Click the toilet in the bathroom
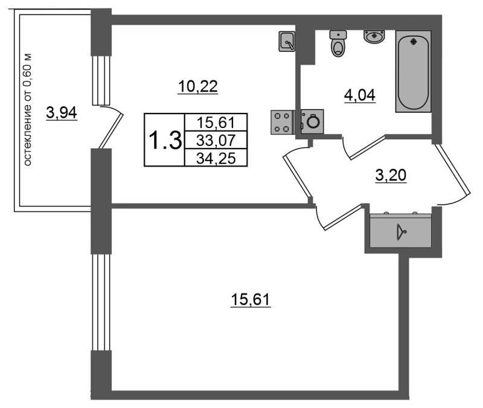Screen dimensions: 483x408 tap(338, 43)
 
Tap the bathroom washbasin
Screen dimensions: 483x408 tap(374, 37)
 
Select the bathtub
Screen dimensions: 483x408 tap(413, 71)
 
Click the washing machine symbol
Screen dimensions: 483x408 tap(312, 121)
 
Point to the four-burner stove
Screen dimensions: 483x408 tap(282, 123)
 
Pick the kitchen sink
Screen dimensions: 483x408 tap(287, 41)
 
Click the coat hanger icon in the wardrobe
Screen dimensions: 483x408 tap(401, 232)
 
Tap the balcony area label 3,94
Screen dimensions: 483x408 tap(62, 112)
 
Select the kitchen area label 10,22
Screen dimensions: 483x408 tap(198, 86)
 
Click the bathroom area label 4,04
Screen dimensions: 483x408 tap(359, 95)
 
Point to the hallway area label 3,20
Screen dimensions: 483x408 tap(391, 175)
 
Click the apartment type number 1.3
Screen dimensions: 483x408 tap(165, 140)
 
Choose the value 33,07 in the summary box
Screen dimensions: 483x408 tap(216, 141)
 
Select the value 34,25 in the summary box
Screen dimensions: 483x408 tap(216, 159)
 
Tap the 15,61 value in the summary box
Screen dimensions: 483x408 tap(216, 123)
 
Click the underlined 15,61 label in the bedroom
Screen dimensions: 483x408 tap(251, 299)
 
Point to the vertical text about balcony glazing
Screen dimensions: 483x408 tap(27, 110)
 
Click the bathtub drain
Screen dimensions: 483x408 tap(413, 41)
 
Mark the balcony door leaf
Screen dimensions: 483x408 tap(111, 131)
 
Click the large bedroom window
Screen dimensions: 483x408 tap(101, 302)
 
